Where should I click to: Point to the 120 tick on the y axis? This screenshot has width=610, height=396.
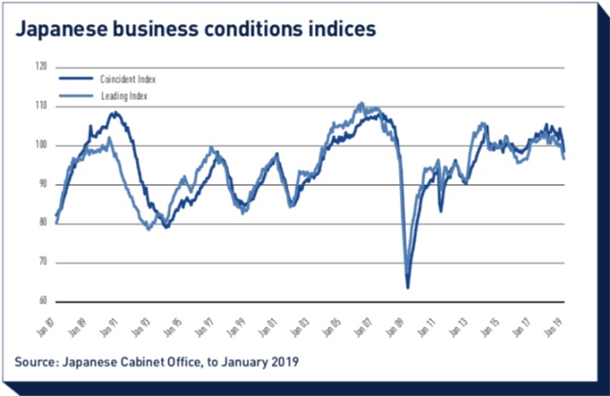coord(42,67)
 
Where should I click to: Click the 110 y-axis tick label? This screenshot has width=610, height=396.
coord(42,105)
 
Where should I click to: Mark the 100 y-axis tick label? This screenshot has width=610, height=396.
coord(42,145)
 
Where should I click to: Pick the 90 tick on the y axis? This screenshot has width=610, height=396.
coord(43,184)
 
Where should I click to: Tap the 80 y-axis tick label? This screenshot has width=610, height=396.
coord(43,223)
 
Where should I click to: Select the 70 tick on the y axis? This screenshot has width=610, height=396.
coord(43,263)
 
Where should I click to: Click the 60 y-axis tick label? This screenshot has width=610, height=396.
coord(43,302)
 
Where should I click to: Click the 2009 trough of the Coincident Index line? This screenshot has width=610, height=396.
coord(408,287)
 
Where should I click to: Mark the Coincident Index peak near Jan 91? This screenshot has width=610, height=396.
coord(115,113)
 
